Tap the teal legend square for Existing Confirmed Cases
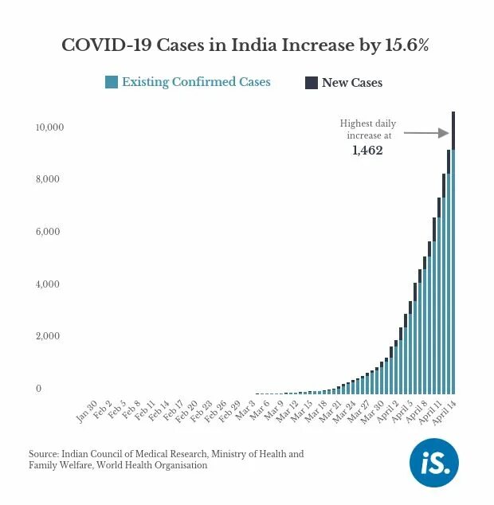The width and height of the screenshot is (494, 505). pos(112,82)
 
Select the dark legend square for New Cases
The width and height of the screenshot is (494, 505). pos(312,83)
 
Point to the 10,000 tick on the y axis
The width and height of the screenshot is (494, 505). pos(49,127)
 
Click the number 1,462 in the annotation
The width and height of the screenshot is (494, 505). pos(367,150)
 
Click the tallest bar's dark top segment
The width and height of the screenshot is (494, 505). pos(453,129)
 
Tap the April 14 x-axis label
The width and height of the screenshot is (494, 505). pos(443,414)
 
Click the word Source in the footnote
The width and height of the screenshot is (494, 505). pos(45,454)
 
